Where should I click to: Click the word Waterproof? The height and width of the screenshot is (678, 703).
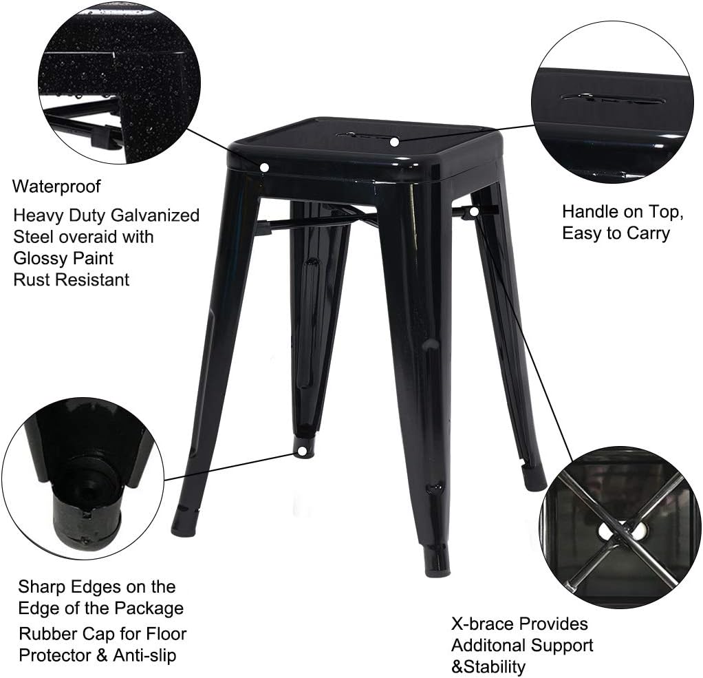56,187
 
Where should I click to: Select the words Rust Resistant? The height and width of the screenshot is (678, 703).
71,279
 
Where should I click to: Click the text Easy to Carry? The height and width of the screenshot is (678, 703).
616,233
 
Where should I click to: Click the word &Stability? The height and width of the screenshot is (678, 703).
488,666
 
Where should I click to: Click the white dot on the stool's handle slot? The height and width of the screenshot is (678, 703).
394,142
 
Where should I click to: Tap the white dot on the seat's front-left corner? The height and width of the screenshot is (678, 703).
264,167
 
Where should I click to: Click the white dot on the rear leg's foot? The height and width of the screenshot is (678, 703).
301,451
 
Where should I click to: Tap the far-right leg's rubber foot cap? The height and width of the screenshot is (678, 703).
534,478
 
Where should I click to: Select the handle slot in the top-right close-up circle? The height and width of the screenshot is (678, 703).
612,98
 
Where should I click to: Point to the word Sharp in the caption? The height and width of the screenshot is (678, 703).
43,587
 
